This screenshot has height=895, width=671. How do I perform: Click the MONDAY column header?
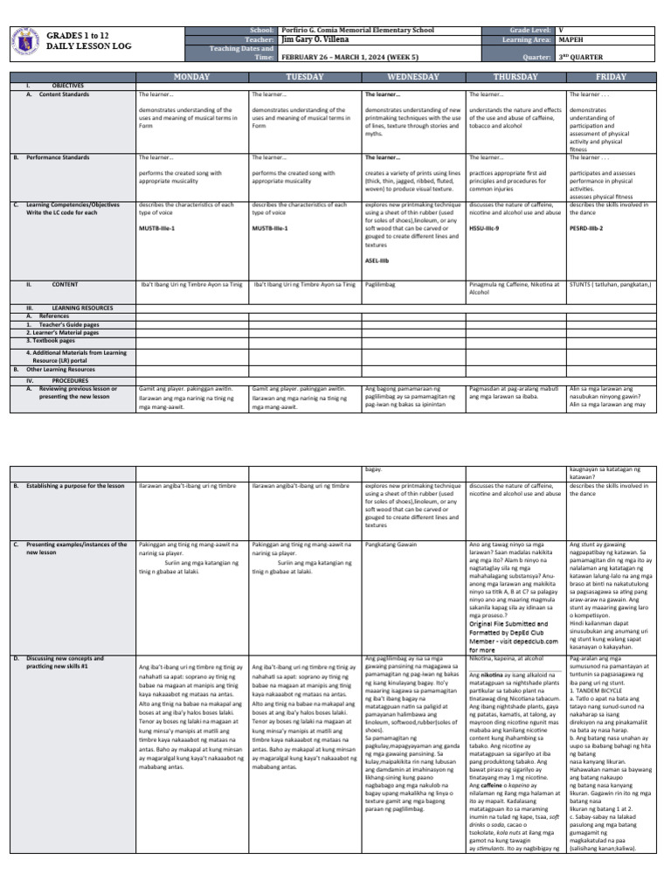pyautogui.click(x=191, y=77)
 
